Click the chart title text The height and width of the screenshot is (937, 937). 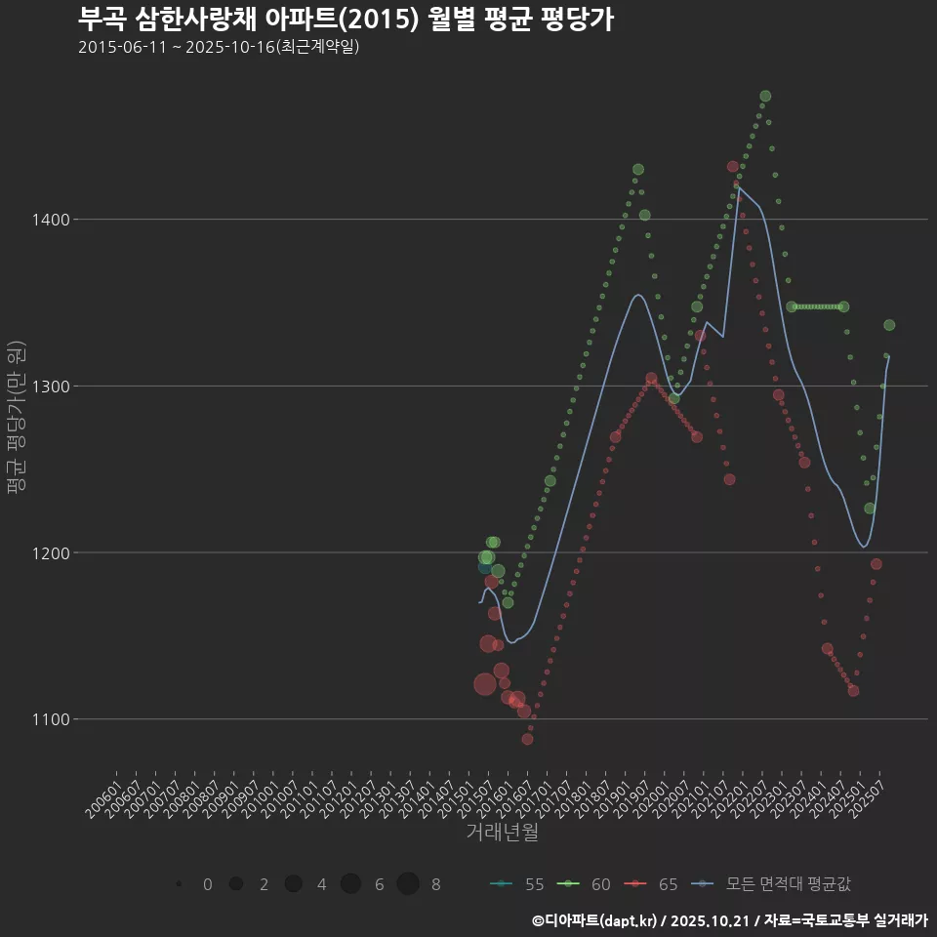tap(346, 20)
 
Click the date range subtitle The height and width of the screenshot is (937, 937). tap(220, 47)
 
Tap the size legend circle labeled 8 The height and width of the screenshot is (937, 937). tap(408, 884)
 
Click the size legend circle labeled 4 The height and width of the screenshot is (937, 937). tap(293, 884)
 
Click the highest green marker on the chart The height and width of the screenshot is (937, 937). tap(765, 96)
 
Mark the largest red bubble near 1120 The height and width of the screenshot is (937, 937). tap(484, 684)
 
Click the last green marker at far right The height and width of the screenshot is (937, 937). tap(889, 325)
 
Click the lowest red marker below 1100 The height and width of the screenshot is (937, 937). tap(527, 739)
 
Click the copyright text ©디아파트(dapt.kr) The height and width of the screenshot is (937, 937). tap(595, 920)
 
